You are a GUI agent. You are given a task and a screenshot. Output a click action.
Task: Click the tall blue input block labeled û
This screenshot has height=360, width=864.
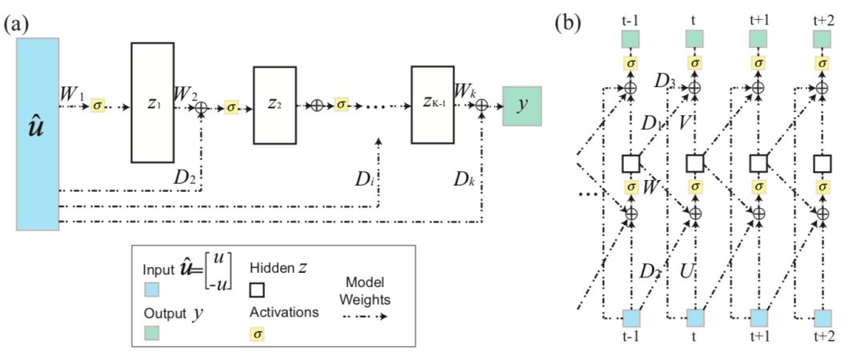point(38,134)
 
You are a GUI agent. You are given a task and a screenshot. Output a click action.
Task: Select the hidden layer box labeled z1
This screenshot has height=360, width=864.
point(153,102)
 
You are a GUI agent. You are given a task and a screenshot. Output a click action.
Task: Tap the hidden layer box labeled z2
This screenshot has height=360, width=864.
point(274,105)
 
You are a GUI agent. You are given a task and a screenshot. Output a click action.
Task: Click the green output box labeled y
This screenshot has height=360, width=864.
point(522,106)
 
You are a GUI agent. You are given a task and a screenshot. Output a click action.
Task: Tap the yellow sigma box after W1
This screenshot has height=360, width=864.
point(97,105)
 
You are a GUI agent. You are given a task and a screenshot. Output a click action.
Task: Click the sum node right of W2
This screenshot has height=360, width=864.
point(201,107)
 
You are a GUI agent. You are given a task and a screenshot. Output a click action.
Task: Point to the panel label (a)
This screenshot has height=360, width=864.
point(17,24)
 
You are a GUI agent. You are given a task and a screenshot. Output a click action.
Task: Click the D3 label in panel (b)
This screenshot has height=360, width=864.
point(665,81)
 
